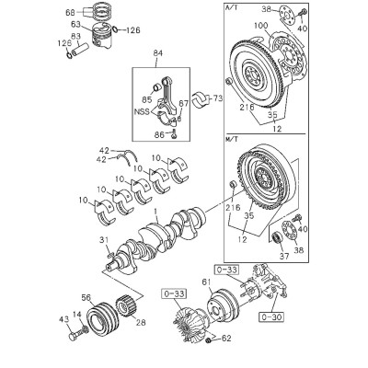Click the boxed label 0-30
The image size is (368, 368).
271,316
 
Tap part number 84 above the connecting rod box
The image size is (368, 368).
159,53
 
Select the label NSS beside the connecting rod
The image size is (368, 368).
142,111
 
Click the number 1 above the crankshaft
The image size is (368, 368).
155,212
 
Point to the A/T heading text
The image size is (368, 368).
231,8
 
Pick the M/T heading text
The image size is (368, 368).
231,139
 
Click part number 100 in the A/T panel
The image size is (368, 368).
261,26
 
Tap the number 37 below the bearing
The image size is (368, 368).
284,256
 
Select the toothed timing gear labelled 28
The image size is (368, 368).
125,306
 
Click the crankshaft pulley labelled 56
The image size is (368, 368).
101,318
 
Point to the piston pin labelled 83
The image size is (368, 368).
80,49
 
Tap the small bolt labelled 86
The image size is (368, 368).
174,134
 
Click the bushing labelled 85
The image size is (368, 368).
156,87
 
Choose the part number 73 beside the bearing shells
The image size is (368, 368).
217,98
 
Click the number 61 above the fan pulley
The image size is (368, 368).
207,282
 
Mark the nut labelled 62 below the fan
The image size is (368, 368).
208,340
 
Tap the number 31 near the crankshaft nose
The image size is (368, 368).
104,240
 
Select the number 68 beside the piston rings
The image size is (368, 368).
70,13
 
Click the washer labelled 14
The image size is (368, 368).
85,329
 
